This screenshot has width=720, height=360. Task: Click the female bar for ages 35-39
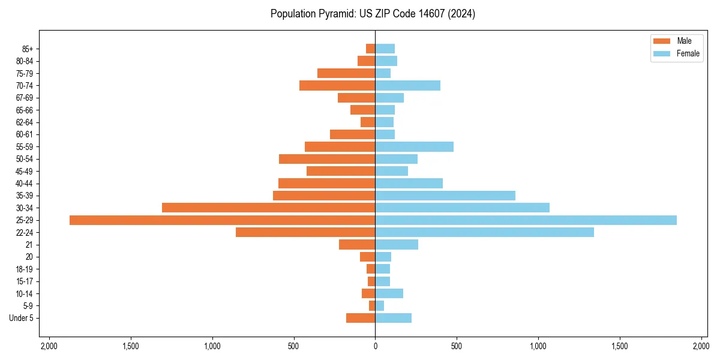[445, 196]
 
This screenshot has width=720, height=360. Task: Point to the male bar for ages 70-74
[337, 85]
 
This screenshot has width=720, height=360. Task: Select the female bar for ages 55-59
[414, 146]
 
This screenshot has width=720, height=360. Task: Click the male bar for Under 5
[361, 318]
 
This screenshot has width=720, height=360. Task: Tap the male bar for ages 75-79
[346, 73]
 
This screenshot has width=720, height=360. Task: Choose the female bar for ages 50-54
[396, 159]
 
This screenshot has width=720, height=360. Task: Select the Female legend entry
[676, 53]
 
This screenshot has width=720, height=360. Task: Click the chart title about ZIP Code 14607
[373, 14]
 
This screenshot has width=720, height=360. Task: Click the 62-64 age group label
[25, 122]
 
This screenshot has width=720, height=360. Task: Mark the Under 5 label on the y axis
[22, 318]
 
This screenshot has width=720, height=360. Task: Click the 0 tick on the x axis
[375, 346]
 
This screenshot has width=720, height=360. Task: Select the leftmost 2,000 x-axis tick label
[49, 346]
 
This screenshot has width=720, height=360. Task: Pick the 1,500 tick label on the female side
[620, 346]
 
